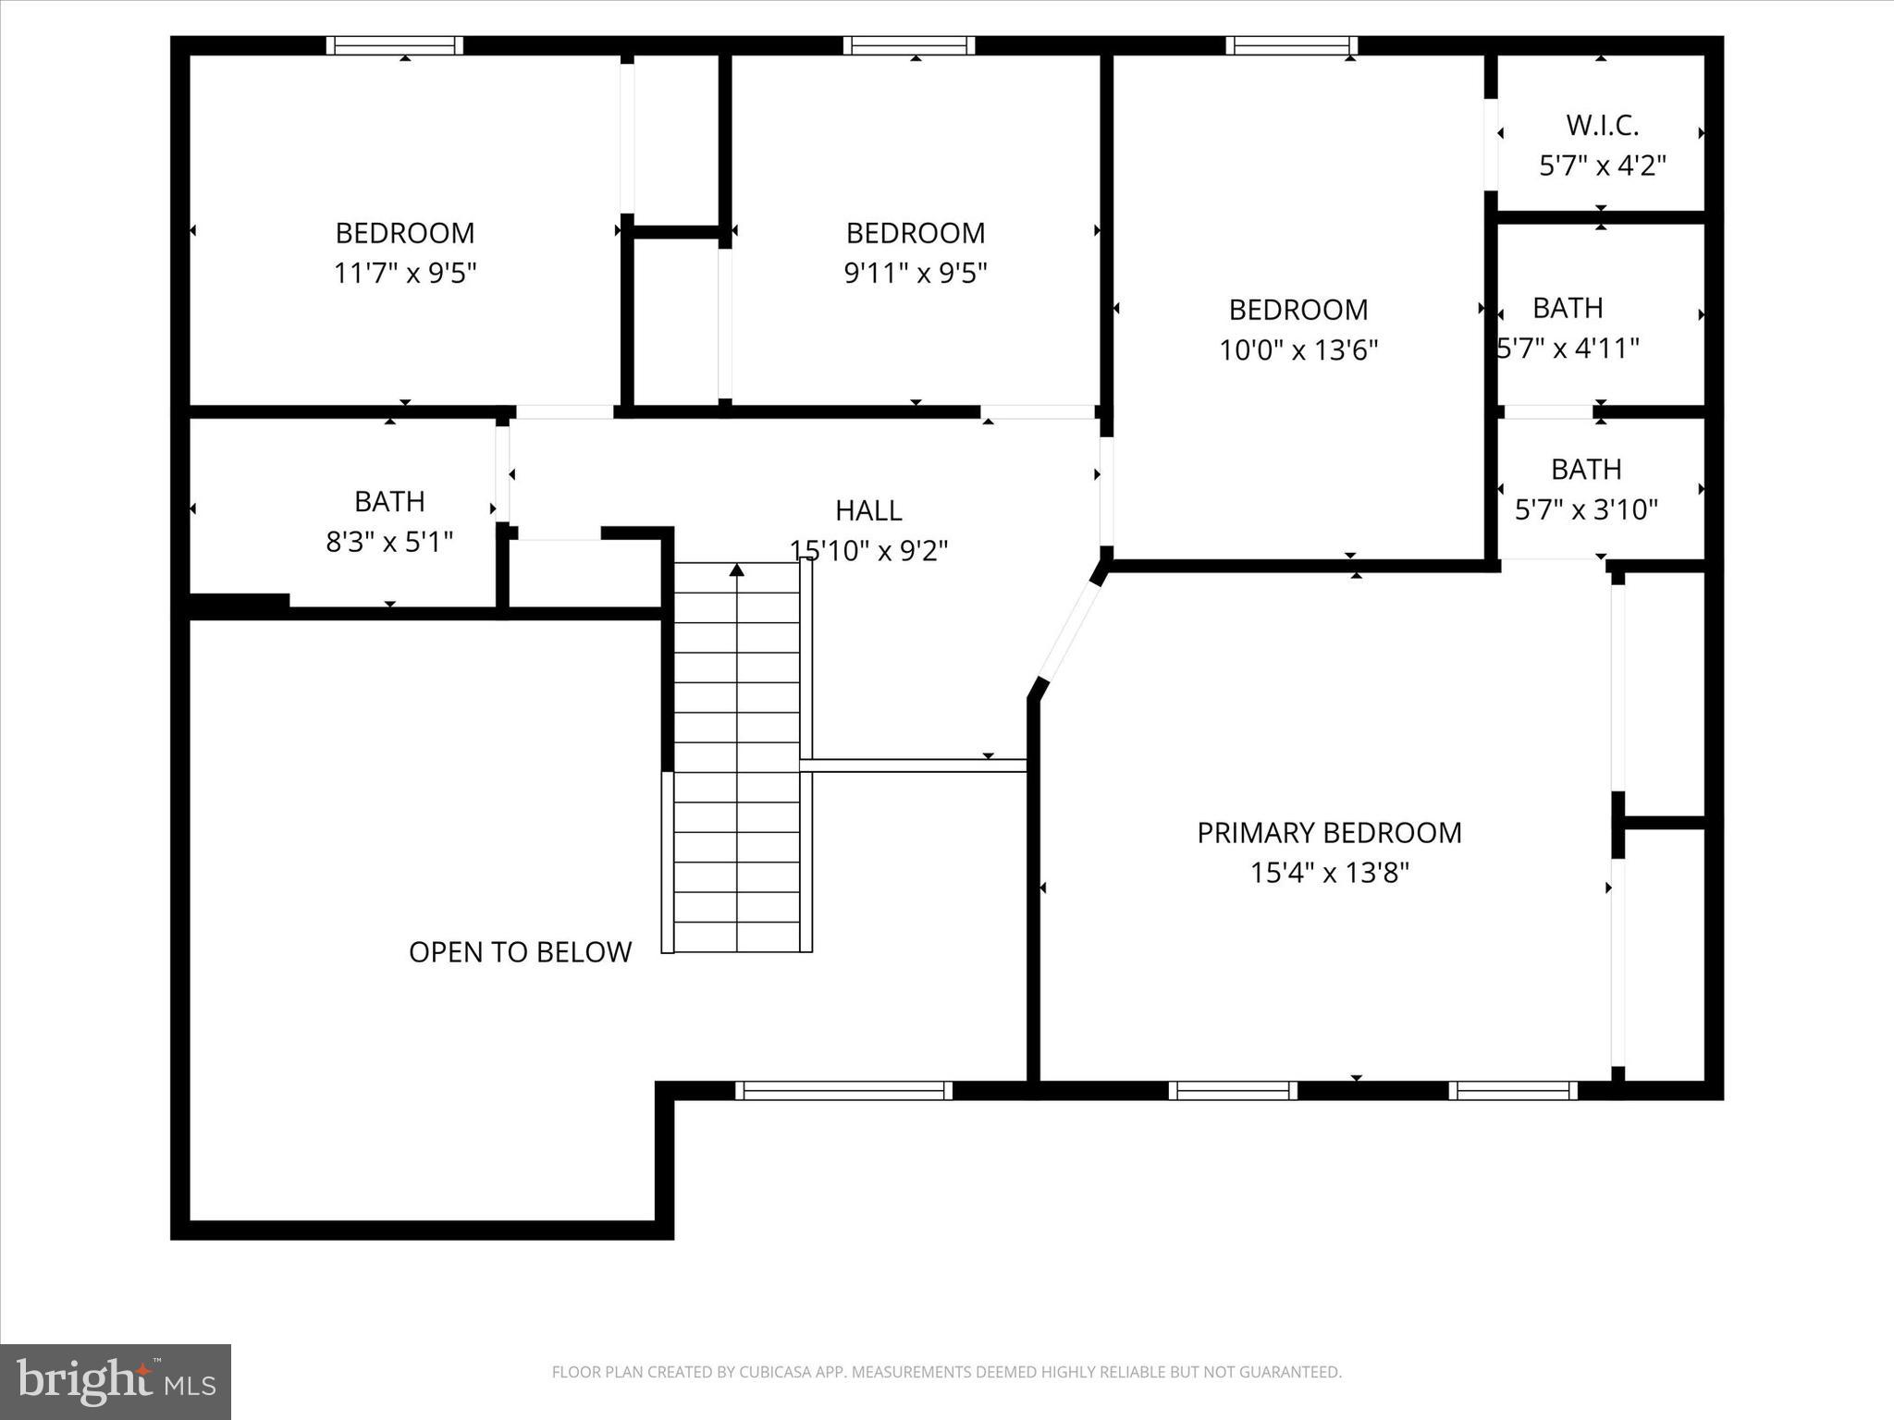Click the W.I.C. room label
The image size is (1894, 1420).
coord(1602,125)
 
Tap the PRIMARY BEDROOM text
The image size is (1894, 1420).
coord(1329,833)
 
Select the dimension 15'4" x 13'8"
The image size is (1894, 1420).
coord(1329,873)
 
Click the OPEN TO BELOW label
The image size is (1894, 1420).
coord(520,952)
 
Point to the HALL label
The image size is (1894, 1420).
coord(868,510)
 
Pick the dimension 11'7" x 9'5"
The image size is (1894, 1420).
coord(405,274)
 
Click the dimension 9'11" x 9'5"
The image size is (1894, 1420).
coord(916,274)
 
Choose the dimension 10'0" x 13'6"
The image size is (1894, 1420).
coord(1298,350)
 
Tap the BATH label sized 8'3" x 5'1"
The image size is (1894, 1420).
coord(389,501)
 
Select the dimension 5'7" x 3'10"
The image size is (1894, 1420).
coord(1586,509)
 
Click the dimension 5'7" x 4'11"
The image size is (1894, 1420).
coord(1568,349)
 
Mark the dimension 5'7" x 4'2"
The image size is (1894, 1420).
coord(1602,165)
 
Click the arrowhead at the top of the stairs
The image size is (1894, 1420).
coord(736,569)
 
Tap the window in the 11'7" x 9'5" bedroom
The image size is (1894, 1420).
coord(395,45)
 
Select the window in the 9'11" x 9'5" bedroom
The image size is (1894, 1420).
coord(908,45)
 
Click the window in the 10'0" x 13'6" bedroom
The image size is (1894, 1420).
coord(1292,45)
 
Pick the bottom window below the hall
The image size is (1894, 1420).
coord(843,1091)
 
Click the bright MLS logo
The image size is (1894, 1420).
coord(116,1382)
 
